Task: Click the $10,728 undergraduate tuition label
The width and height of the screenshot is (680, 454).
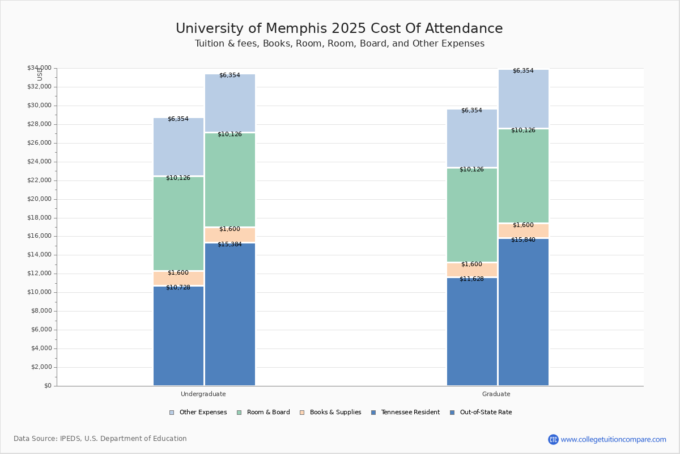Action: point(178,288)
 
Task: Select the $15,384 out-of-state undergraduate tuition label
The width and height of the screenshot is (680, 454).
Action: point(229,245)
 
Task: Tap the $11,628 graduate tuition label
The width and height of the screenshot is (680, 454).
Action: point(471,279)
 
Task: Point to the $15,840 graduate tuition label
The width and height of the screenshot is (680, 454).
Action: point(523,240)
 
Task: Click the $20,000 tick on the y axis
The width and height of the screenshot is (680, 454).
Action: point(39,199)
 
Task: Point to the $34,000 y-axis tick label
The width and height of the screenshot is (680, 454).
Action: point(39,68)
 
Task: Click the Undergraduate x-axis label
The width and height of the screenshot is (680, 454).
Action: point(203,394)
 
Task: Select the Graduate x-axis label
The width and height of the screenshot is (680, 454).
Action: point(496,394)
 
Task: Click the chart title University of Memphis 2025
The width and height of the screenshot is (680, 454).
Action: point(339,29)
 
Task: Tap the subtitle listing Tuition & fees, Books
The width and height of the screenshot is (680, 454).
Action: point(339,44)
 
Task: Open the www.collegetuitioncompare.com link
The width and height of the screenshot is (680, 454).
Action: point(613,439)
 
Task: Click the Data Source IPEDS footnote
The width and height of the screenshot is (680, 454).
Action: point(100,439)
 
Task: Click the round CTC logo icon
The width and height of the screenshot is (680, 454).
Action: point(553,439)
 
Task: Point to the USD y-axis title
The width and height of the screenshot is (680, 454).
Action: point(40,74)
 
